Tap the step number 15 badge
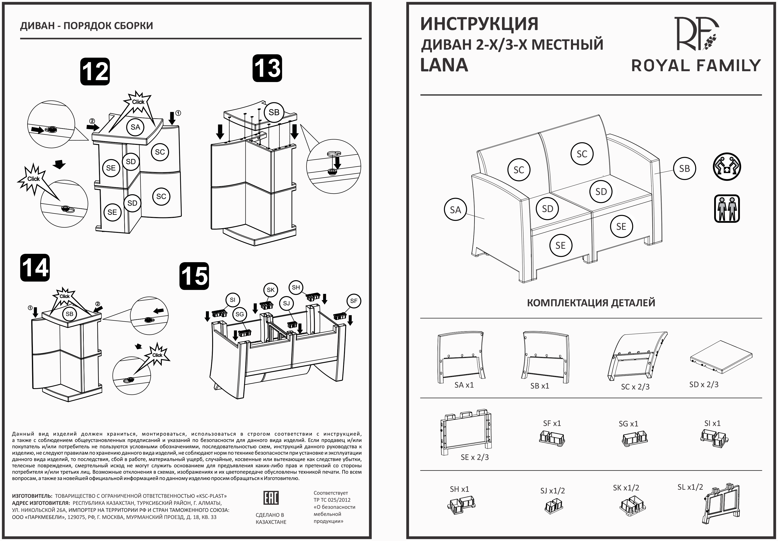(194, 276)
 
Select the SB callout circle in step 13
(274, 112)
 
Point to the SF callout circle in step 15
(353, 301)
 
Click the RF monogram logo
(696, 34)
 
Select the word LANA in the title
(444, 65)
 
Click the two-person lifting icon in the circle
(726, 167)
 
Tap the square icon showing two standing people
(726, 208)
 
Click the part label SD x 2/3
(704, 384)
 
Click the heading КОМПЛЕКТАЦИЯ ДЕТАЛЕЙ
(591, 302)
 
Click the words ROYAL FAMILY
(696, 66)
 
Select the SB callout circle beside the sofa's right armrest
(684, 168)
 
